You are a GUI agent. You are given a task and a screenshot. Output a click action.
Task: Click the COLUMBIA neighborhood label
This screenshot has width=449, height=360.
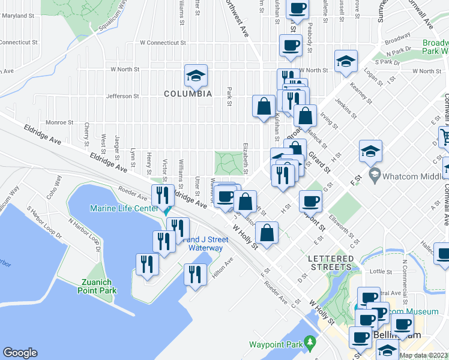[x=188, y=94]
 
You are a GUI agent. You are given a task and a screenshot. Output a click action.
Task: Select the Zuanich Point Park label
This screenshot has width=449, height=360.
[x=96, y=286]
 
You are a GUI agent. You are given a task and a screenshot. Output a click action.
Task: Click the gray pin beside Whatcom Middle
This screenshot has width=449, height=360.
[x=375, y=175]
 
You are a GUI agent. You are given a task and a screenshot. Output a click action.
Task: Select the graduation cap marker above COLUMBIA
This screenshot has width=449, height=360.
[x=196, y=76]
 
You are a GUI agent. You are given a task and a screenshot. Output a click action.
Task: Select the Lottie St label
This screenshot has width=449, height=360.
[x=377, y=272]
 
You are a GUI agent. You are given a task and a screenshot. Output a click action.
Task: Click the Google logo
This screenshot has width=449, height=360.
[x=20, y=353]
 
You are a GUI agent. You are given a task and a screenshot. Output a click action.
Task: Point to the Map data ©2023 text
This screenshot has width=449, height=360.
[x=423, y=355]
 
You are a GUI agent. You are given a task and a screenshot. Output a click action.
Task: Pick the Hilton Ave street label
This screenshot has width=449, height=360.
[x=221, y=269]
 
